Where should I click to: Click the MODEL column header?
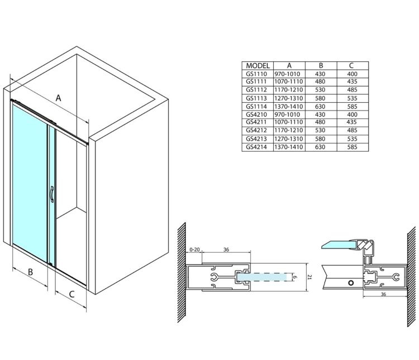tap(258, 66)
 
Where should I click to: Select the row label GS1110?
tap(256, 74)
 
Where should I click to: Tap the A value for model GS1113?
tap(289, 98)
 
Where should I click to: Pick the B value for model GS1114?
tap(320, 107)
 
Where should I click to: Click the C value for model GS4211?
tap(351, 122)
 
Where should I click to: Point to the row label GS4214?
tap(256, 147)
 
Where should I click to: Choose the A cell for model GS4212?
tap(289, 131)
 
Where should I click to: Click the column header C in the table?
tap(351, 66)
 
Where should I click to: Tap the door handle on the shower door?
tap(52, 194)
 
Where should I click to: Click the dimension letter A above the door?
tap(58, 98)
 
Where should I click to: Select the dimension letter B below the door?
tap(31, 272)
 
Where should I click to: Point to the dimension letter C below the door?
tap(72, 294)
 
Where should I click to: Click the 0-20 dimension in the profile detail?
tap(194, 249)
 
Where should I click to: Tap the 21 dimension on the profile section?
tap(310, 277)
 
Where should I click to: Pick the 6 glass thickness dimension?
tap(295, 277)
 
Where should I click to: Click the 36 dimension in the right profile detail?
tap(383, 294)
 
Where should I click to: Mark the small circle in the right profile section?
tap(351, 283)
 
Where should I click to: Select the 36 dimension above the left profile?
tap(226, 249)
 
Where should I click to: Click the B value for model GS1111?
tap(320, 81)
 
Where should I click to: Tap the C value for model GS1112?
tap(352, 90)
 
